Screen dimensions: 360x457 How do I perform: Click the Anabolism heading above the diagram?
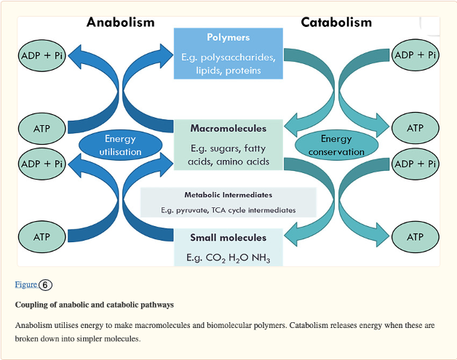pyautogui.click(x=121, y=22)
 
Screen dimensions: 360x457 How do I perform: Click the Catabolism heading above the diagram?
pyautogui.click(x=336, y=22)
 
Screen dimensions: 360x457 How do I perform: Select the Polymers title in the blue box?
pyautogui.click(x=228, y=37)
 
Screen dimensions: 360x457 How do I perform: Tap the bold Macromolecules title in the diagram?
pyautogui.click(x=228, y=128)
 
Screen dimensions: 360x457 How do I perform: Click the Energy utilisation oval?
pyautogui.click(x=120, y=145)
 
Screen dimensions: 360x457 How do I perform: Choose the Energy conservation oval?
pyautogui.click(x=336, y=145)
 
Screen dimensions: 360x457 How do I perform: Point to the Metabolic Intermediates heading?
pyautogui.click(x=228, y=195)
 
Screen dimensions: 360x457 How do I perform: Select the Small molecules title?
pyautogui.click(x=228, y=238)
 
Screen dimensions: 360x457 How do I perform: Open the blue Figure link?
pyautogui.click(x=25, y=284)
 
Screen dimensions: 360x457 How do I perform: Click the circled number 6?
pyautogui.click(x=45, y=284)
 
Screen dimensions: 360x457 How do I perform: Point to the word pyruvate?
pyautogui.click(x=195, y=209)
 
